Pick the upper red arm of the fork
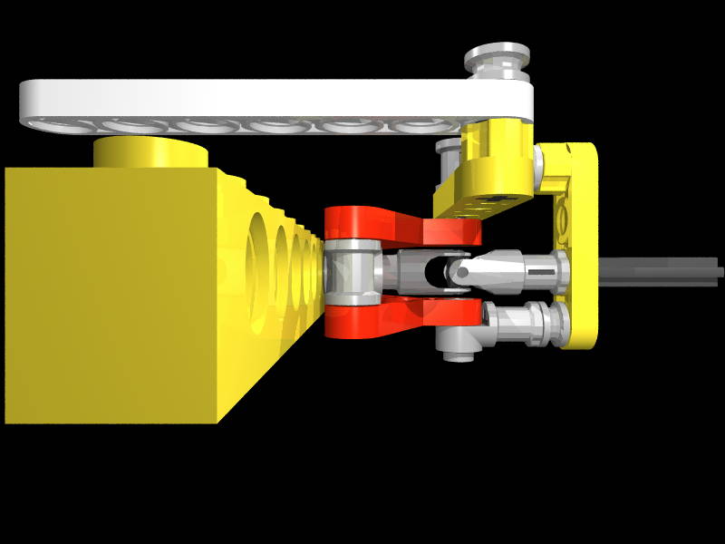[x=399, y=227]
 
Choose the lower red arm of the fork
[x=399, y=313]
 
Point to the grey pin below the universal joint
[x=526, y=322]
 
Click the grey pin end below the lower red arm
[x=458, y=345]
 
